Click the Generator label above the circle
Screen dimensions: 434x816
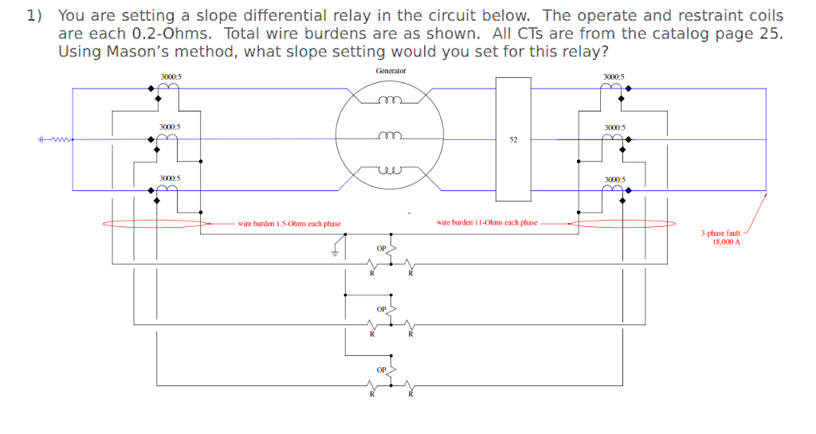coord(390,71)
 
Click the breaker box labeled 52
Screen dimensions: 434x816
coord(512,139)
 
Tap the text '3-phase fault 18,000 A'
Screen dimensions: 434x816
coord(720,237)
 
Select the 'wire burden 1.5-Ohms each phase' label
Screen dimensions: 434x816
coord(289,224)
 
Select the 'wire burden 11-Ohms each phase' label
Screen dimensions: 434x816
coord(487,223)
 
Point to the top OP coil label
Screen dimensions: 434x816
coord(382,248)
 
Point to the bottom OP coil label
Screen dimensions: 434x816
coord(382,369)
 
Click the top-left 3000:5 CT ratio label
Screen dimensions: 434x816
coord(170,76)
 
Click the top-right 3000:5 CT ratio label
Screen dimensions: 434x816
coord(615,76)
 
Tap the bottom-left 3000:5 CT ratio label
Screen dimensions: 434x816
coord(170,178)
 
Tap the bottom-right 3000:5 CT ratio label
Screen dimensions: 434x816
coord(615,179)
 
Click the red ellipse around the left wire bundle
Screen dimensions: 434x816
coord(155,224)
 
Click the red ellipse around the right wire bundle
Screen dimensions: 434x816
coord(622,224)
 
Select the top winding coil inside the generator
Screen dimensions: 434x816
coord(390,100)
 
